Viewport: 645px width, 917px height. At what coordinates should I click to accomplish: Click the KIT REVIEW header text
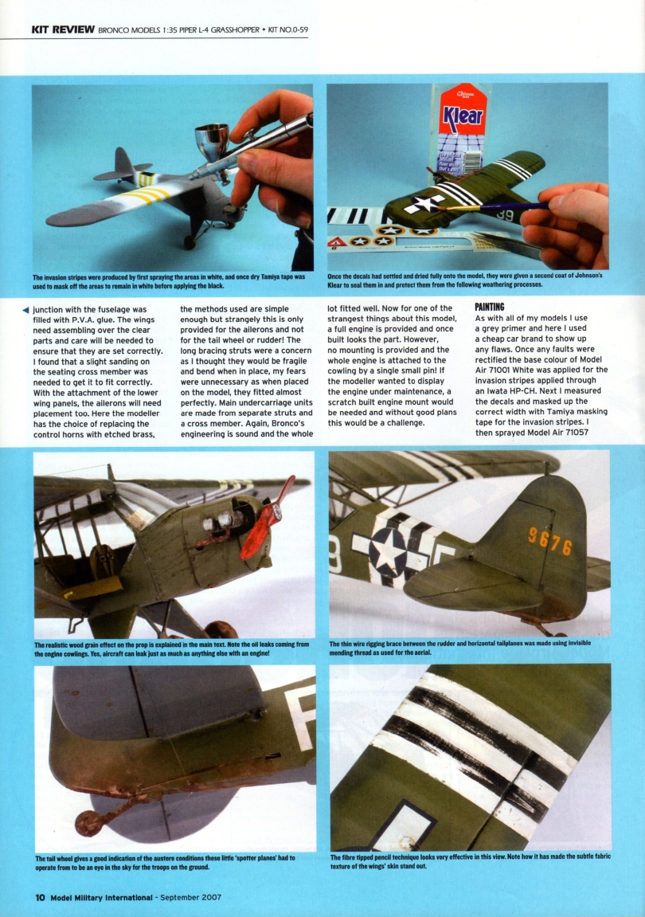(x=63, y=30)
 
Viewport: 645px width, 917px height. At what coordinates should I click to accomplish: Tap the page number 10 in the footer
(x=39, y=897)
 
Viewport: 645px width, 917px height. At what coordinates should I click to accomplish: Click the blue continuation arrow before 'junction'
(x=27, y=310)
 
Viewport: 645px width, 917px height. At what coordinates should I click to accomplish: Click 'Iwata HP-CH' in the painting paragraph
(x=514, y=391)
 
